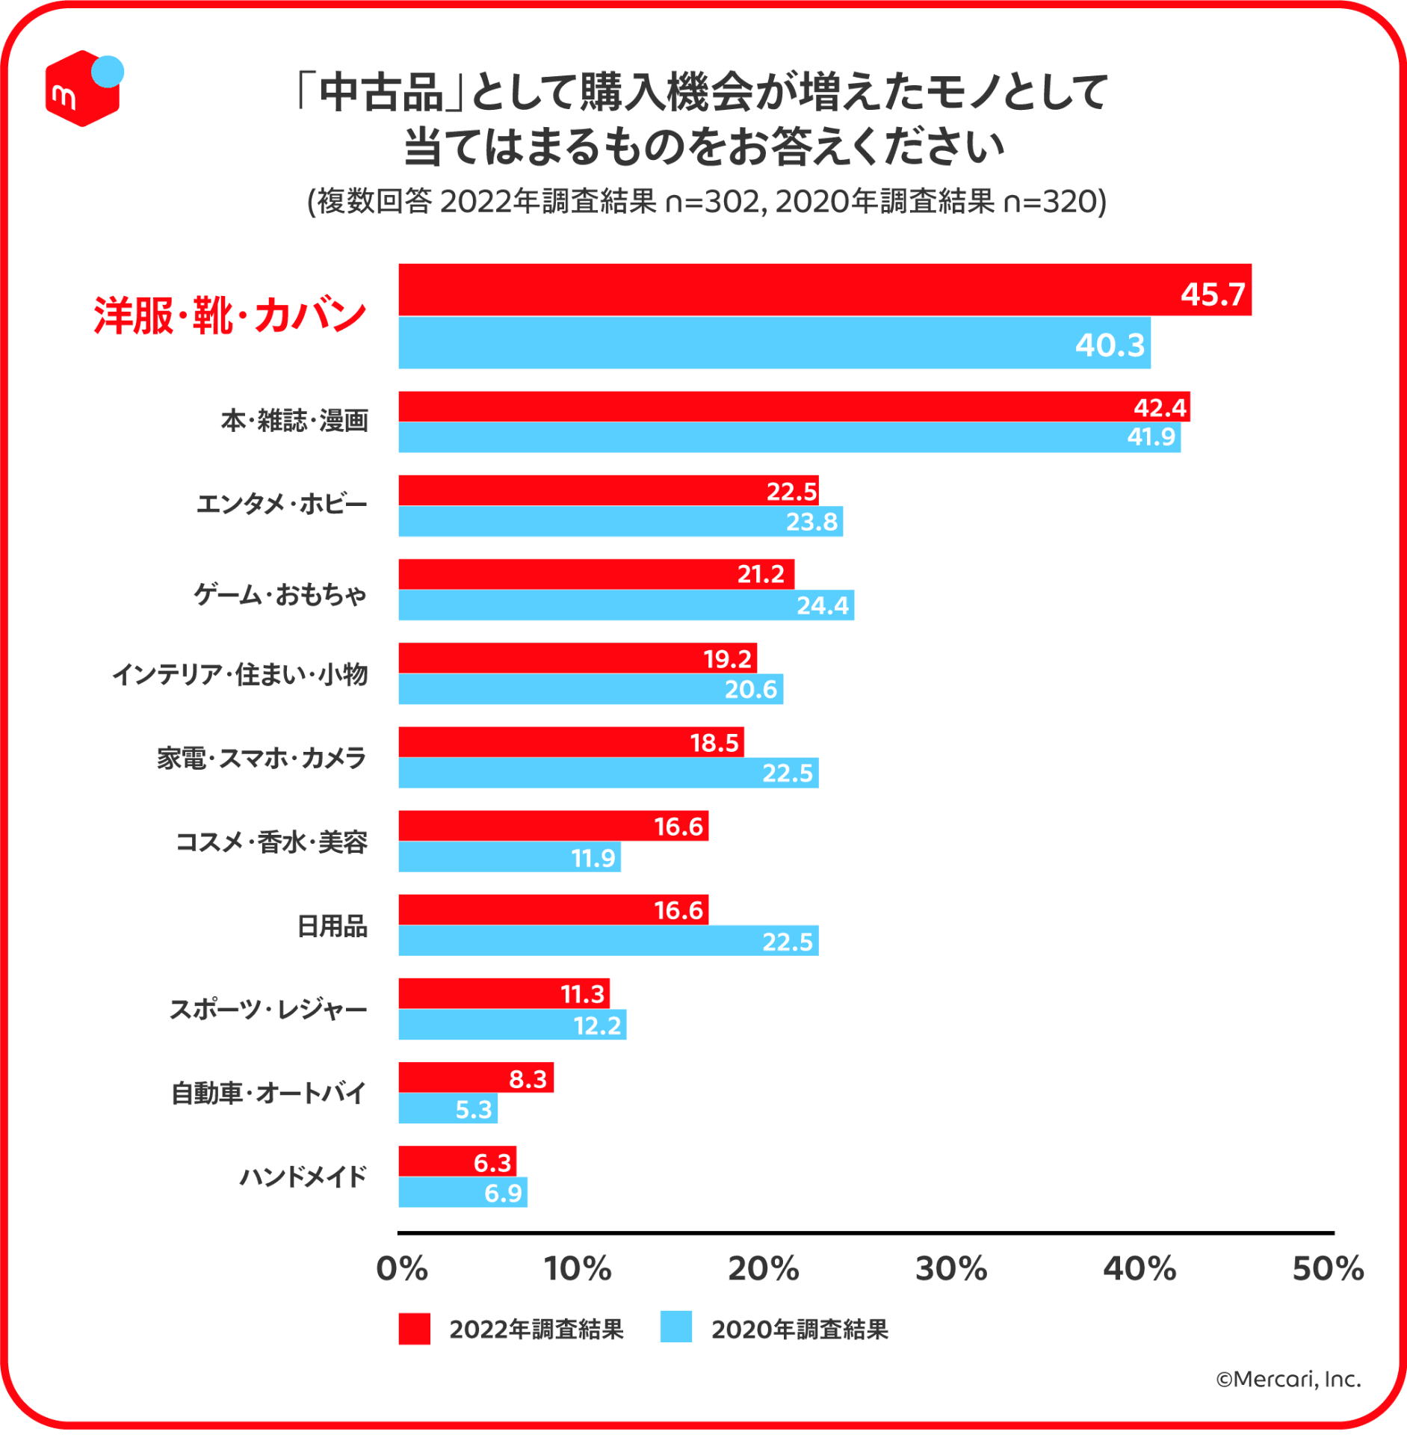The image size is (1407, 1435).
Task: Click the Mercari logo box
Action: tap(82, 90)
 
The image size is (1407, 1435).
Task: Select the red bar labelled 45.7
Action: tap(822, 290)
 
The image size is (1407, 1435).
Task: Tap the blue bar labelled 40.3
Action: tap(773, 343)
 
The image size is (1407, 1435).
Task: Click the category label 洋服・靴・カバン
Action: tap(230, 315)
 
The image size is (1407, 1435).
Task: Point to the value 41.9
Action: tap(1151, 437)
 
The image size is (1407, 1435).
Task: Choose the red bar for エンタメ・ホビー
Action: tap(607, 491)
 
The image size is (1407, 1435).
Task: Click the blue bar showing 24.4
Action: tap(625, 605)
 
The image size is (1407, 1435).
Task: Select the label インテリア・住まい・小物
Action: tap(240, 674)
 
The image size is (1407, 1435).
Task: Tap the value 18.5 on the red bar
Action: tap(714, 743)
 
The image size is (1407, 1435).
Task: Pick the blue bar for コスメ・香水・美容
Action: tap(509, 857)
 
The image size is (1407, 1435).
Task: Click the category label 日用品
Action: tap(332, 927)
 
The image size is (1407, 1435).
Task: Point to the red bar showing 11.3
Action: tap(504, 994)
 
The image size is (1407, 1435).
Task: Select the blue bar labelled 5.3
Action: tap(447, 1109)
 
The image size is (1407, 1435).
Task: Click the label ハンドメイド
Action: tap(303, 1177)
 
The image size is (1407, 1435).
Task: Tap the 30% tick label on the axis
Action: tap(951, 1270)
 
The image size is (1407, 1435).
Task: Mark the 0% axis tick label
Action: tap(402, 1270)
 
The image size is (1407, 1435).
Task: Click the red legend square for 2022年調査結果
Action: tap(414, 1330)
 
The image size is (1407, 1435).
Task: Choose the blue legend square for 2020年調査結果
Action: tap(675, 1328)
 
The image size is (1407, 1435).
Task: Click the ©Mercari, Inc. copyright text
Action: tap(1288, 1380)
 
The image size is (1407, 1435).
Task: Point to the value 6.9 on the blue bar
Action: tap(503, 1194)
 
